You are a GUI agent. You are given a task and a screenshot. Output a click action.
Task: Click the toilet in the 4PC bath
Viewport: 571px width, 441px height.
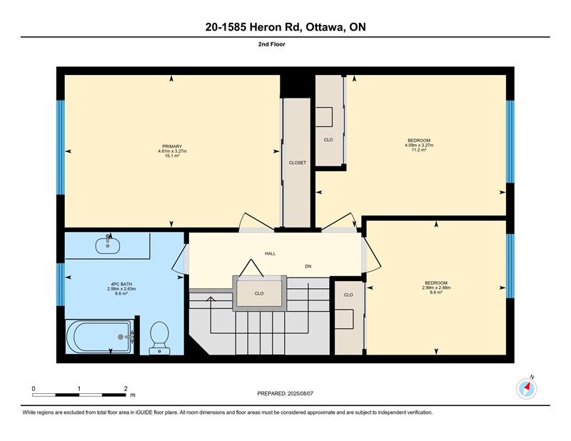point(159,338)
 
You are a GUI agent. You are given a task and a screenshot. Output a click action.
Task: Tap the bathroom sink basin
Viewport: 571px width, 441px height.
point(108,245)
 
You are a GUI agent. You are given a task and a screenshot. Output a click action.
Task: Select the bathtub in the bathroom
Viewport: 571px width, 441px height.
point(100,337)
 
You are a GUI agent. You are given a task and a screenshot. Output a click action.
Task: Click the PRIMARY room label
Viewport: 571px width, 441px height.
point(172,146)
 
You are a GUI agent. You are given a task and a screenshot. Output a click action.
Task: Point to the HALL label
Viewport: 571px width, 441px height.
point(271,253)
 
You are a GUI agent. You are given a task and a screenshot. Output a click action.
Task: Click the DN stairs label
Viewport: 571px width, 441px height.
point(308,266)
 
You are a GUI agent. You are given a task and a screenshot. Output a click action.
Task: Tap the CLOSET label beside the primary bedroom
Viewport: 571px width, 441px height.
point(298,163)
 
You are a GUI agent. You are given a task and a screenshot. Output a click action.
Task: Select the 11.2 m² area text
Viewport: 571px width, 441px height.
point(419,150)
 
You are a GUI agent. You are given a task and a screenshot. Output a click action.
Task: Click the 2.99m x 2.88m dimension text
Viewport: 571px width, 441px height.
point(436,288)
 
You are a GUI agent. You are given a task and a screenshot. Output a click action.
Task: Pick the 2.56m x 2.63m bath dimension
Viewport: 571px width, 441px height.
point(121,289)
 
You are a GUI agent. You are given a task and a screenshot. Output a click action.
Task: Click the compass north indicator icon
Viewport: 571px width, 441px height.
point(527,389)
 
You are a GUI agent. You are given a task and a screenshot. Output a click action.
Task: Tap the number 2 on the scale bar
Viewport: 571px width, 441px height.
point(126,389)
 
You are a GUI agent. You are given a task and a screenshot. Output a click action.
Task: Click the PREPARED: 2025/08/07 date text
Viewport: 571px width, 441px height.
point(285,393)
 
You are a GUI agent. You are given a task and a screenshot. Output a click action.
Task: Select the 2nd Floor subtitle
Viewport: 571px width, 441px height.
point(272,44)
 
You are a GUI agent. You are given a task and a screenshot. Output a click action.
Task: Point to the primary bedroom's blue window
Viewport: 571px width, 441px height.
point(61,147)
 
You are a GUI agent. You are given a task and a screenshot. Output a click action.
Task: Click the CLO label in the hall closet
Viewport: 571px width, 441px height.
point(259,293)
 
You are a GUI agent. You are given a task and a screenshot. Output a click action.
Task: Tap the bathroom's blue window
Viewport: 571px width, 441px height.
point(61,284)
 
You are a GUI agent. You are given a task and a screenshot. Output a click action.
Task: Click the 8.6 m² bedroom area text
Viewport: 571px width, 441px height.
point(436,292)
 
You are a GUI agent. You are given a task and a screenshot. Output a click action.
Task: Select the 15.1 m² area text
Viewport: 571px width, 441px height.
point(172,156)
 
